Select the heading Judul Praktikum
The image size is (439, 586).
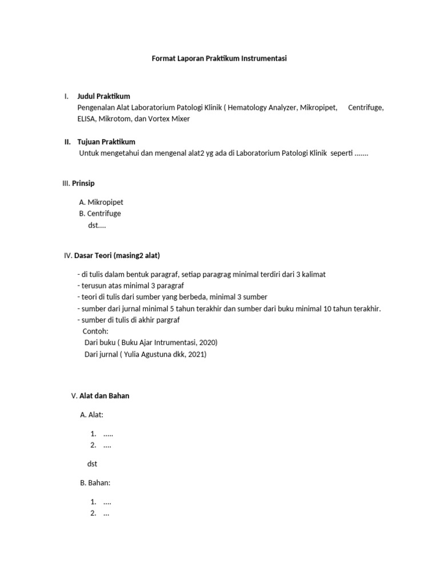103,96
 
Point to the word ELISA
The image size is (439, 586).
86,119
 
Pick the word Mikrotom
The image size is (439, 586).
115,119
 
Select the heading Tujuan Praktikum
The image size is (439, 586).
106,142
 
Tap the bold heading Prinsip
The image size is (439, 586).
83,184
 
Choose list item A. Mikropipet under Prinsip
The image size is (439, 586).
101,202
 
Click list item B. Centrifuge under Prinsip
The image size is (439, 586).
100,213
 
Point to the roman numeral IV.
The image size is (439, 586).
67,255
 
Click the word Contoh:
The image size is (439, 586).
95,331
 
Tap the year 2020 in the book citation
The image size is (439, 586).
207,342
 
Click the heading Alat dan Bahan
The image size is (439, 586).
104,396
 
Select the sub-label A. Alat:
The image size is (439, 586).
91,415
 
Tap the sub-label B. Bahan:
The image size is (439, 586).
95,483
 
